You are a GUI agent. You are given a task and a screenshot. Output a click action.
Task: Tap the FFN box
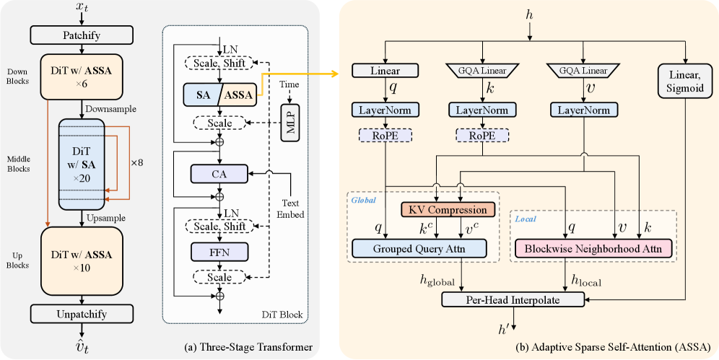click(218, 251)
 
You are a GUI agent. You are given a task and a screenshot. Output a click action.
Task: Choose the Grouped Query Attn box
click(420, 249)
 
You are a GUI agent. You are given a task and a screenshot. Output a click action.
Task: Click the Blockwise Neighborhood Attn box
click(594, 249)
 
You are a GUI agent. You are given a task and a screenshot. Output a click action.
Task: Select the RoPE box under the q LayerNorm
click(385, 135)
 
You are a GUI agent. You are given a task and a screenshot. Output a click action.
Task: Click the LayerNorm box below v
click(584, 110)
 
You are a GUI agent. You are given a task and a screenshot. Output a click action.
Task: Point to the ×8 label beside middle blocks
click(136, 163)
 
